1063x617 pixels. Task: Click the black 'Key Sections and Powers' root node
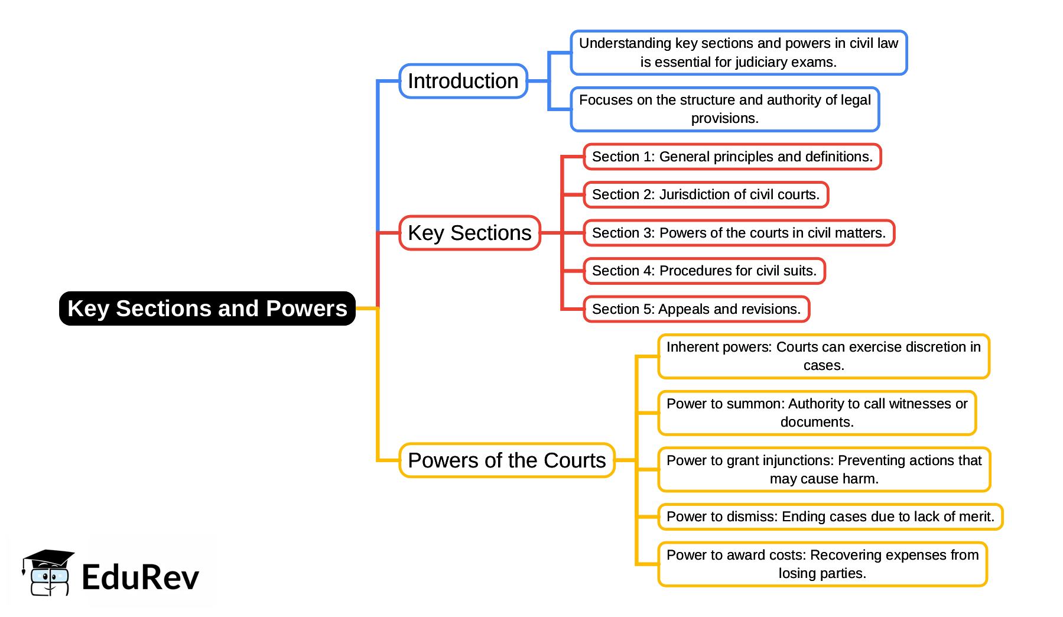point(207,308)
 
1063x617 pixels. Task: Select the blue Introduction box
point(463,81)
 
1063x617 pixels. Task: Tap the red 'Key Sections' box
point(470,233)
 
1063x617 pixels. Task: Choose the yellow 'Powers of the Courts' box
point(507,460)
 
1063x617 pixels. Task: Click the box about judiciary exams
point(739,53)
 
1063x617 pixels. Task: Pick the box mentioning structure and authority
point(725,109)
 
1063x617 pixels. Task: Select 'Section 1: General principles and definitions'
point(732,157)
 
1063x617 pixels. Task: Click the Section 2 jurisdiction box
point(706,194)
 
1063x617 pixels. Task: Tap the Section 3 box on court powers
point(739,233)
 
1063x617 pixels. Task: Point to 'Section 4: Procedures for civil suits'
point(704,271)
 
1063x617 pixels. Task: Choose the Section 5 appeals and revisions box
point(697,309)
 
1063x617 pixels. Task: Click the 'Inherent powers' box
point(824,356)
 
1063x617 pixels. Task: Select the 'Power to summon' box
point(817,413)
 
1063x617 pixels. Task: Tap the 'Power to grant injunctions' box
point(824,470)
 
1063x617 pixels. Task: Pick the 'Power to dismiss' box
point(830,517)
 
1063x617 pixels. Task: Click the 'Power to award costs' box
point(823,564)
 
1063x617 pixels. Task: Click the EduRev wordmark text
point(141,577)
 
